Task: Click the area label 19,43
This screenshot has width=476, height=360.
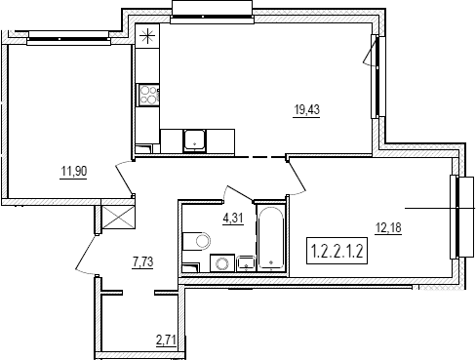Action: click(306, 110)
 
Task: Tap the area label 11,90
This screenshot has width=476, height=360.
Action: click(74, 171)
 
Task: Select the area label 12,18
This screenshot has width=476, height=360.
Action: click(388, 228)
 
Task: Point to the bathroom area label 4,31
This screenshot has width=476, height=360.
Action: click(233, 218)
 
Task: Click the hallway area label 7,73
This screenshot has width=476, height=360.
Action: click(142, 261)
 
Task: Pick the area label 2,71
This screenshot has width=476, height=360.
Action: click(166, 340)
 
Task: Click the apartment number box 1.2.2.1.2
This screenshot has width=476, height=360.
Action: click(337, 251)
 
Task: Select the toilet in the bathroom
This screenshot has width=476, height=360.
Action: click(196, 241)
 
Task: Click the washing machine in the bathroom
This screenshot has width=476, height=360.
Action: click(222, 262)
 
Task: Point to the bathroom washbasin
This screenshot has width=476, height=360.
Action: click(246, 263)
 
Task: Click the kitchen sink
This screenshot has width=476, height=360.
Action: click(194, 140)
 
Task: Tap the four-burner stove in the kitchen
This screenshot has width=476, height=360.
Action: click(148, 95)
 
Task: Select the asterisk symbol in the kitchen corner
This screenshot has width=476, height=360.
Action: click(147, 36)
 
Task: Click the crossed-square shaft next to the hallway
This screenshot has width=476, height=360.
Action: click(118, 217)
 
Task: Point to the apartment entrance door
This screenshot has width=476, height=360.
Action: click(87, 257)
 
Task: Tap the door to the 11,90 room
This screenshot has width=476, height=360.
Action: click(124, 179)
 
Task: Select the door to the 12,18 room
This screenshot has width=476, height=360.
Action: click(297, 177)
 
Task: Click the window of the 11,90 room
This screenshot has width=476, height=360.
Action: click(68, 39)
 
